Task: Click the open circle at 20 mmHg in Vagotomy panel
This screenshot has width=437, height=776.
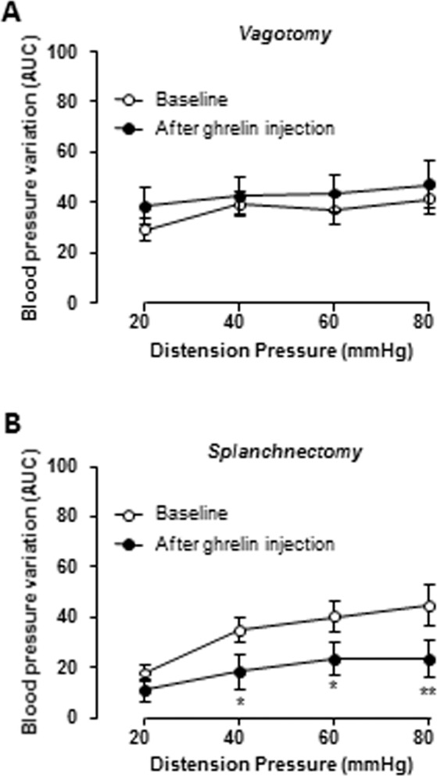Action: tap(145, 231)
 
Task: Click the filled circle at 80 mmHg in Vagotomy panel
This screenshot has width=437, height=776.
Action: tap(428, 185)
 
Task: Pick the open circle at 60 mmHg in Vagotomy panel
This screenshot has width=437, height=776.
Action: tap(335, 209)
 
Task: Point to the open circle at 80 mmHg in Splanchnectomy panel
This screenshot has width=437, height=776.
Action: tap(428, 606)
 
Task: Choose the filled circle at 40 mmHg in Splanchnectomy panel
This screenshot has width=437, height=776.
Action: tap(240, 671)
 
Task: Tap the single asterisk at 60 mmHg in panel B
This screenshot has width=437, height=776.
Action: tap(335, 686)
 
